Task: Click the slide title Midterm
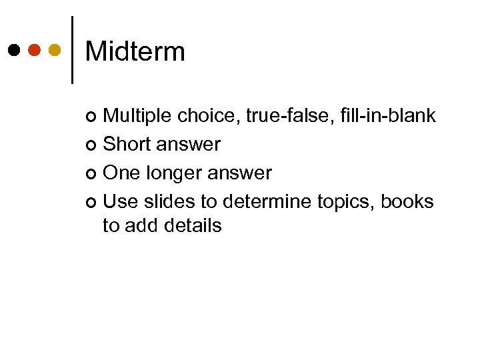coord(135,51)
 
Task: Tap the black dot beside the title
coord(14,50)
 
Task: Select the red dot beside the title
coord(35,50)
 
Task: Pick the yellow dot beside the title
coord(55,50)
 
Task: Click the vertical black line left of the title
coord(72,50)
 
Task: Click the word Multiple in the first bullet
coord(138,116)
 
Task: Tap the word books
coord(407,201)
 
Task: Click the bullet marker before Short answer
coord(92,145)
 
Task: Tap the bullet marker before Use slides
coord(92,201)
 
